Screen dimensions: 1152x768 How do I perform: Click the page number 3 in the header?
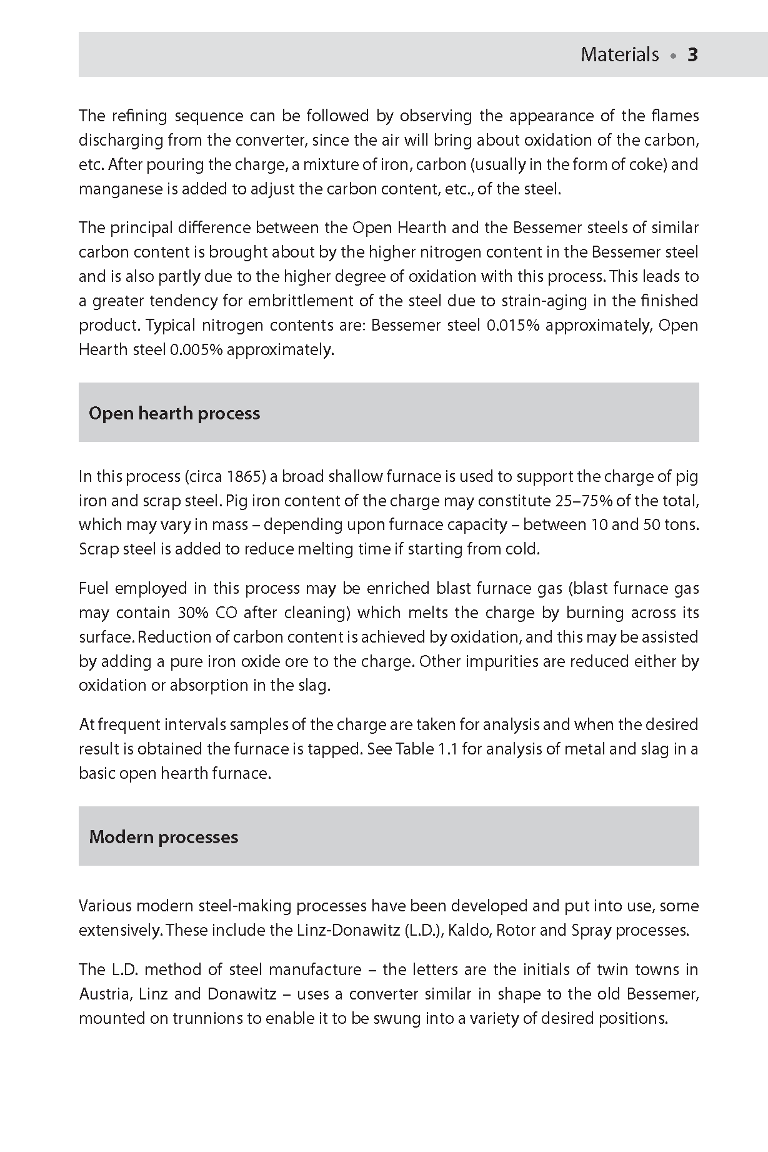click(x=692, y=55)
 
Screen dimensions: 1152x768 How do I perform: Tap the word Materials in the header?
click(x=619, y=55)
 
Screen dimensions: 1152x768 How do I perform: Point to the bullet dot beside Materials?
click(x=673, y=56)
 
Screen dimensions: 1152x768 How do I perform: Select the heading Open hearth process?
click(x=174, y=413)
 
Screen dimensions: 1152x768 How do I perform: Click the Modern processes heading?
click(x=164, y=837)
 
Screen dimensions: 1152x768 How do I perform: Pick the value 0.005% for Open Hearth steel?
click(x=196, y=349)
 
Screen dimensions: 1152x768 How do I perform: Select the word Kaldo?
click(x=469, y=930)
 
